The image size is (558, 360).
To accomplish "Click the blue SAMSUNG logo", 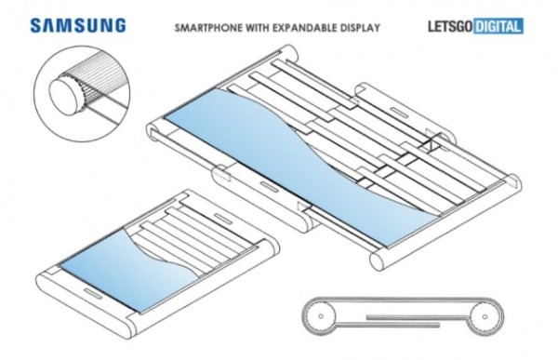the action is click(x=78, y=26).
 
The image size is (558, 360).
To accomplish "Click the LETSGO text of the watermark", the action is click(x=450, y=26).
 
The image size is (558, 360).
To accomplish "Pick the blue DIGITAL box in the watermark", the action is click(x=498, y=26).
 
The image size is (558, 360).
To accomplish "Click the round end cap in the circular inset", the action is click(x=66, y=96).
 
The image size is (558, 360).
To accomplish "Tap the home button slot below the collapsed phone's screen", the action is click(x=93, y=293).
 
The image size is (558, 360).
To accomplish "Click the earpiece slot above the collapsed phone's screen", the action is click(x=223, y=219).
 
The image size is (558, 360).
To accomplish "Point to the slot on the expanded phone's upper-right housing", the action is click(x=399, y=112).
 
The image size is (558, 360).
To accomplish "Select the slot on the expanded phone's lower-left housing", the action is click(x=270, y=187).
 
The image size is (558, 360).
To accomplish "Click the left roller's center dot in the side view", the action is click(x=321, y=316).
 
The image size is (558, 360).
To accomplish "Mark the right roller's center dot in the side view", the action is click(x=485, y=316).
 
